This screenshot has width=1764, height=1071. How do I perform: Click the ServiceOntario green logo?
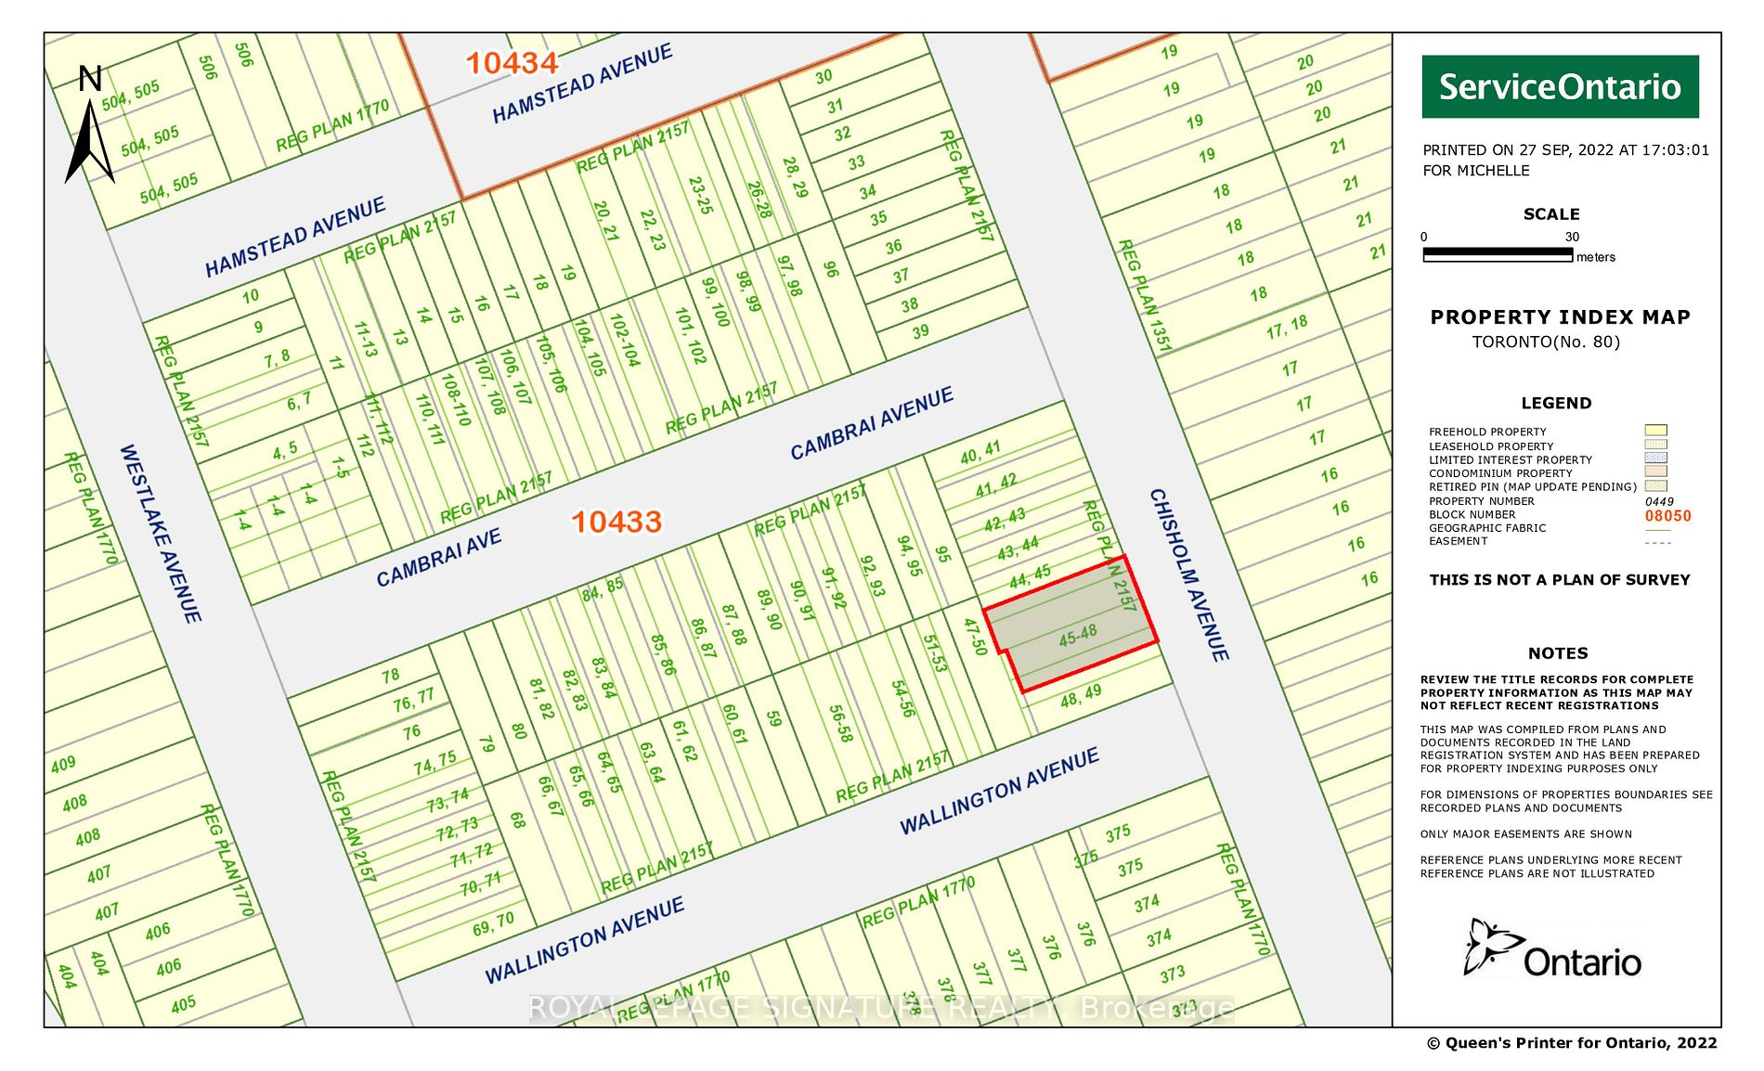point(1560,86)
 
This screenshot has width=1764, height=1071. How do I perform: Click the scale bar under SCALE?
point(1498,253)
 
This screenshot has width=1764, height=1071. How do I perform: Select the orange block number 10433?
point(616,522)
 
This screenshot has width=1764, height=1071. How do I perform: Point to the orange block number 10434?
point(512,63)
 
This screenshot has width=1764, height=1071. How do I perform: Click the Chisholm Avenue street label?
point(1189,574)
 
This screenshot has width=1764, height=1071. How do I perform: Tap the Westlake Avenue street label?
point(160,533)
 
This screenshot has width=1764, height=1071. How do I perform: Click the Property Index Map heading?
point(1560,317)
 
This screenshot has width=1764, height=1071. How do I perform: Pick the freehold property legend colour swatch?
point(1655,431)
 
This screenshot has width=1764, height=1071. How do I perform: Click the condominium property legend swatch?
point(1655,471)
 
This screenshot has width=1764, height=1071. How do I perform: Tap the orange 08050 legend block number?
point(1667,516)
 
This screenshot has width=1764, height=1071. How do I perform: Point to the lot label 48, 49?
point(1081,695)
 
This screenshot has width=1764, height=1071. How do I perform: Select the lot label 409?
point(63,765)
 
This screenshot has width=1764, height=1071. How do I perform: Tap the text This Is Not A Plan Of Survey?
point(1560,580)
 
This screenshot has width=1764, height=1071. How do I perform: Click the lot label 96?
point(831,269)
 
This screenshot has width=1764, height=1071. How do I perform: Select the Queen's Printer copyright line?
point(1572,1043)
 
